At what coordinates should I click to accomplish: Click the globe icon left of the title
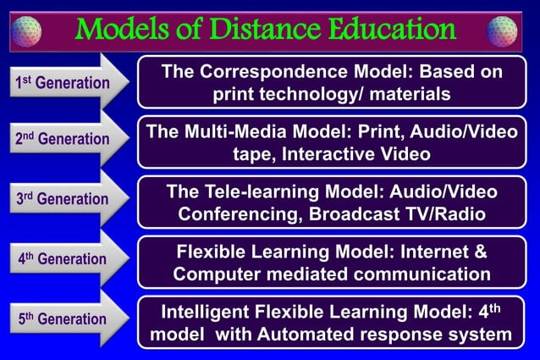point(25,31)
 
